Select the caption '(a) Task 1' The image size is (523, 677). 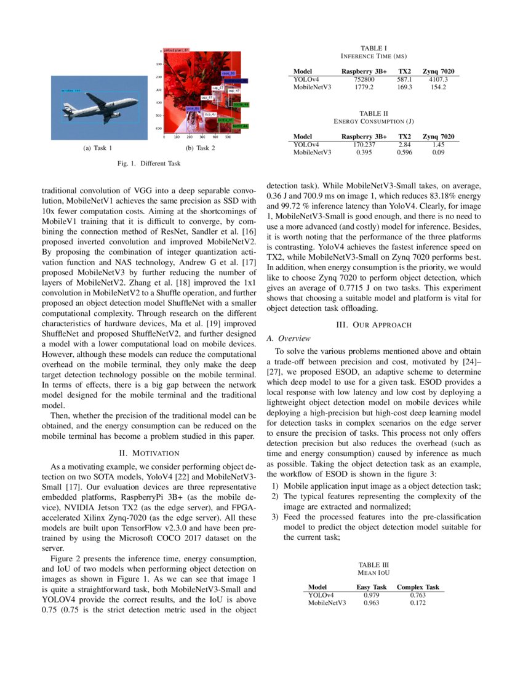click(97, 148)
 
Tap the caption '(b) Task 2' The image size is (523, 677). click(200, 148)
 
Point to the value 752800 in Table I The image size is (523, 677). click(364, 79)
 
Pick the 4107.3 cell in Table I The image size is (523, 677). click(438, 79)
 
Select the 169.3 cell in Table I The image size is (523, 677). click(405, 87)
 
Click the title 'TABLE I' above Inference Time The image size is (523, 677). click(373, 47)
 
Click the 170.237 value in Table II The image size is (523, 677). click(364, 144)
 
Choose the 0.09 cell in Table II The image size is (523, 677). click(438, 152)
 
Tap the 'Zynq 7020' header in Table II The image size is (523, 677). click(438, 136)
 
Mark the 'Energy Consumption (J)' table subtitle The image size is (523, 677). click(373, 121)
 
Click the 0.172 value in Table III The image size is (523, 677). click(418, 603)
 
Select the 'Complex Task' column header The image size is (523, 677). click(418, 587)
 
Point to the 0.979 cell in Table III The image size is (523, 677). click(372, 595)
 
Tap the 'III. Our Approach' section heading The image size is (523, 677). click(373, 324)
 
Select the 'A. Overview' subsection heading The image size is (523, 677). click(289, 338)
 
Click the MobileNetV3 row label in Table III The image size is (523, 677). click(327, 603)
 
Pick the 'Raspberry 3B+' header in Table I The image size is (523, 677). click(364, 71)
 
